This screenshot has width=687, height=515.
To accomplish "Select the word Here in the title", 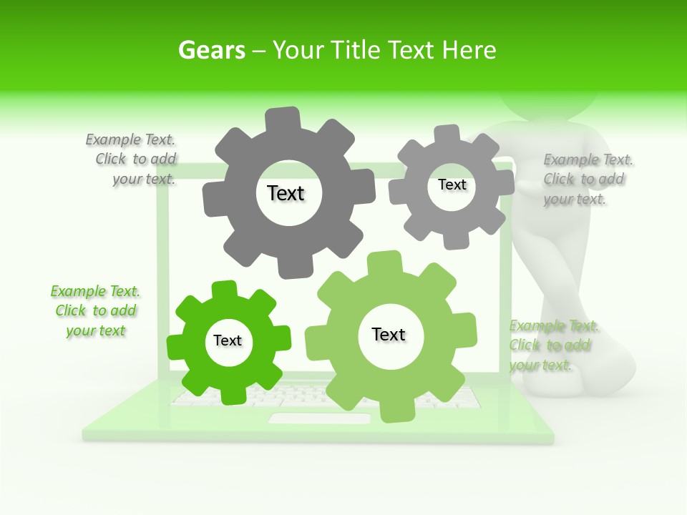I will click(x=469, y=50).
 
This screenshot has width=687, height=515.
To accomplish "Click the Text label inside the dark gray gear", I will click(x=286, y=193).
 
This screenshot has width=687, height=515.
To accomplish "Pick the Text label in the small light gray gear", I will click(x=452, y=185).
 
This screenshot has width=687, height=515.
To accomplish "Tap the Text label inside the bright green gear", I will click(x=228, y=340).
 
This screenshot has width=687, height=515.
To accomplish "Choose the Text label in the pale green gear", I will click(x=389, y=334).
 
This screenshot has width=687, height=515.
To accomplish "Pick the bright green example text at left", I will click(x=95, y=311).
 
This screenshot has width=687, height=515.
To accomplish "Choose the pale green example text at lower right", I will click(x=552, y=345).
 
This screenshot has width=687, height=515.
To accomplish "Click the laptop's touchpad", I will click(x=319, y=418).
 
